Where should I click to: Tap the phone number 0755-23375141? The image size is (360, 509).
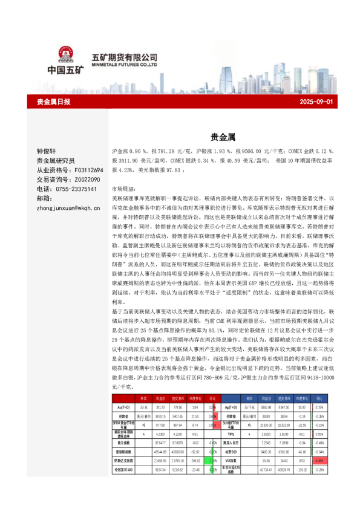pos(75,189)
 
